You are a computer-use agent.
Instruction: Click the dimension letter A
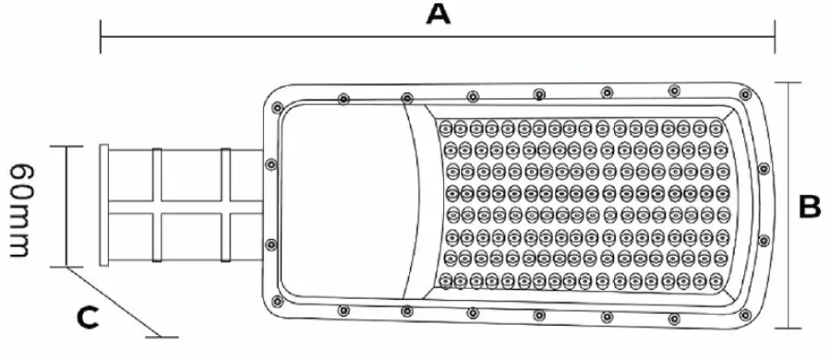tap(439, 14)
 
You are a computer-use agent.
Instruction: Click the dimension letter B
tap(809, 206)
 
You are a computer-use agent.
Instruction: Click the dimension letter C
tap(88, 318)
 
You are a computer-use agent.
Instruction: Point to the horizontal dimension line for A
tap(438, 37)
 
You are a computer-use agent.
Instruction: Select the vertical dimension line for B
tap(789, 205)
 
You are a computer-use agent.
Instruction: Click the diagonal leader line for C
tap(114, 302)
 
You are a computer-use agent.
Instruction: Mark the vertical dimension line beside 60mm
tap(66, 206)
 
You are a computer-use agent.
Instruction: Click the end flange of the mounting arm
tap(103, 205)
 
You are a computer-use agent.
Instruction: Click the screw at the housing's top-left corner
tap(277, 108)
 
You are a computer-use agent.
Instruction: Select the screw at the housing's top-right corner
tap(745, 94)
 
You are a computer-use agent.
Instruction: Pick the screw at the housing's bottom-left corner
tap(277, 301)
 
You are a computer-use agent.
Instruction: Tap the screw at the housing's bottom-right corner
tap(745, 315)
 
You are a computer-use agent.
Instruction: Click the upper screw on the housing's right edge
tap(764, 169)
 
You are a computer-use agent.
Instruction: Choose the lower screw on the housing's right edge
tap(764, 241)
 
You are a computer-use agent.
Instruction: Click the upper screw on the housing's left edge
tap(271, 164)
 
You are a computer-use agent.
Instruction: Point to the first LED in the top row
tap(445, 127)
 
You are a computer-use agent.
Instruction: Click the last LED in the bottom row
tap(716, 280)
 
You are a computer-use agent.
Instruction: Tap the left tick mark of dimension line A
tap(100, 37)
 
